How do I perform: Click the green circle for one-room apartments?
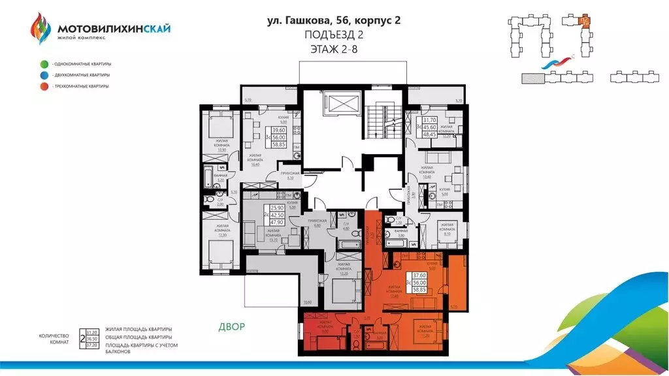[43, 64]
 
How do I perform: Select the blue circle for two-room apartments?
[43, 75]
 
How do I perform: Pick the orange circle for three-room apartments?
[43, 86]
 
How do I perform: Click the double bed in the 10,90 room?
[218, 125]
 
